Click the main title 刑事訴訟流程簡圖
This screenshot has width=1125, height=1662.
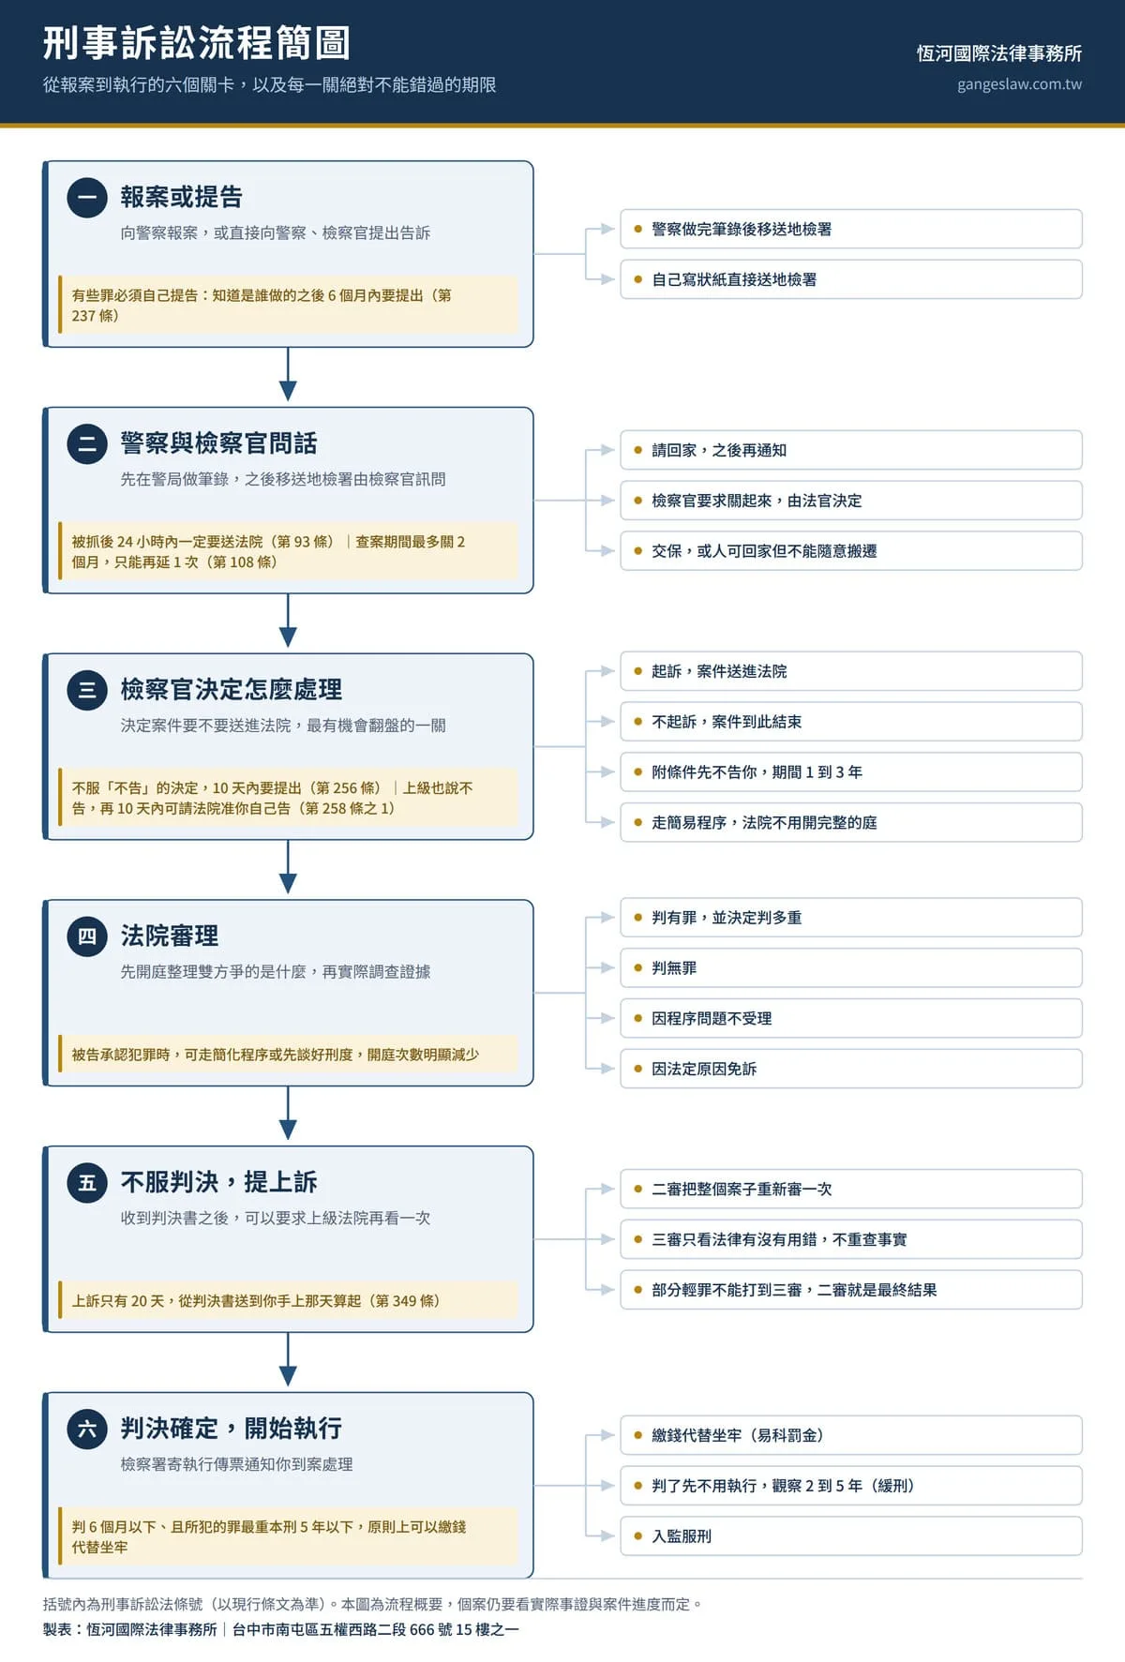[197, 43]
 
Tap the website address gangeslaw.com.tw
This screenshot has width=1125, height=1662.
[1019, 84]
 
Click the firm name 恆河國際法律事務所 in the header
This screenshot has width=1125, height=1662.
[999, 53]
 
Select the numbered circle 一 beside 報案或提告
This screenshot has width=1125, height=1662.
[87, 197]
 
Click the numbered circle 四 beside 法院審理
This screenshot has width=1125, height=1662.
[87, 936]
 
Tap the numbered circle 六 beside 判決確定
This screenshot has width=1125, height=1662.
[87, 1429]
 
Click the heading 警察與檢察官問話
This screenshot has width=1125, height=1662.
[219, 442]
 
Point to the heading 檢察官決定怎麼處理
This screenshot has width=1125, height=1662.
[232, 689]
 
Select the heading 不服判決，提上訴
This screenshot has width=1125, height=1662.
[219, 1181]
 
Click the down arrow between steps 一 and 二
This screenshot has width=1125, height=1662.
[288, 375]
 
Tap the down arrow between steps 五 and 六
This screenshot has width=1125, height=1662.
[288, 1360]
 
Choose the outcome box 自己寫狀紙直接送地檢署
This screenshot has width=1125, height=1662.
[851, 279]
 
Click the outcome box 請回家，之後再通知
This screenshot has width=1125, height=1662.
[851, 450]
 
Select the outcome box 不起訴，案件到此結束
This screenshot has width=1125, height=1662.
[851, 722]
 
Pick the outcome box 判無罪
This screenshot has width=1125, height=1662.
[851, 968]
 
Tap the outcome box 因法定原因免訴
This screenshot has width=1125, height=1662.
[851, 1069]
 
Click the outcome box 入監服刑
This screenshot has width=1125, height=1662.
[851, 1536]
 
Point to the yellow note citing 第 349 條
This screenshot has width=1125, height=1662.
[288, 1300]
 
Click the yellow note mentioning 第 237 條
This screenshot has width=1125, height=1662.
[288, 305]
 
